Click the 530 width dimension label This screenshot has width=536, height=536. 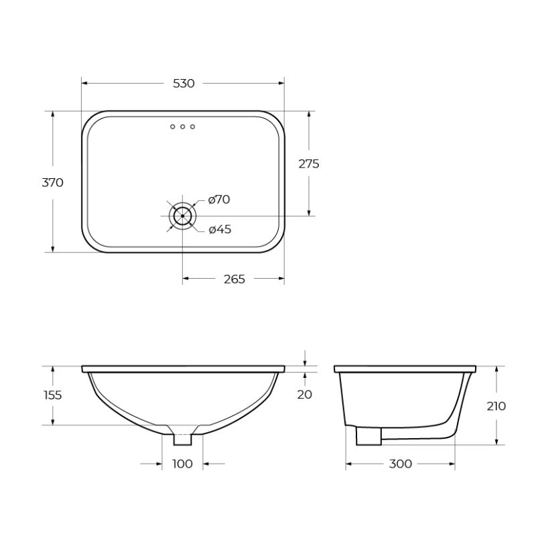point(184,84)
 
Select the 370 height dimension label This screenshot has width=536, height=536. point(52,182)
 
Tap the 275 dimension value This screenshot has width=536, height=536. point(308,164)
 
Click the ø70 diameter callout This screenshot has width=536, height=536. point(219,199)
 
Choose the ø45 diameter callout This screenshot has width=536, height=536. point(220,230)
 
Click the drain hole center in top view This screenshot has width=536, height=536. point(182,216)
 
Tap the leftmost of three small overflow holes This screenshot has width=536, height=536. point(172,127)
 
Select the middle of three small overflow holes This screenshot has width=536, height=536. point(182,127)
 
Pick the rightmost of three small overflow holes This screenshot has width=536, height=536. point(192,127)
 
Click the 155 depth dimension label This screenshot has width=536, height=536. point(52,395)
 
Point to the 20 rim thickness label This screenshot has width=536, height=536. point(305,395)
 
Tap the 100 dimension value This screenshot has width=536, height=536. point(182,464)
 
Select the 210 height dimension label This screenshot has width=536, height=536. point(496,406)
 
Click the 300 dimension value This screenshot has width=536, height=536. point(401,464)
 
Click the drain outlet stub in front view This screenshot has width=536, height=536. point(182,440)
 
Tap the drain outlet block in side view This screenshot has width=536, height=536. point(367,436)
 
